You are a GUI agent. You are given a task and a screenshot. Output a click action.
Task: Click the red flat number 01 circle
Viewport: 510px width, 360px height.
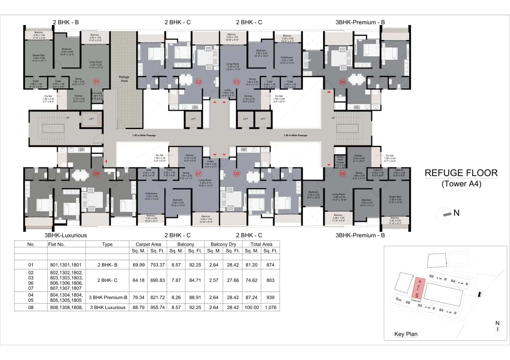coord(96,82)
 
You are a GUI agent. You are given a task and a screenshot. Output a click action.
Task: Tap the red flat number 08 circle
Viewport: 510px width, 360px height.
coord(96,173)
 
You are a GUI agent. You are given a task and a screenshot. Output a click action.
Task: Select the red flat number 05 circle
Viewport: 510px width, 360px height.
coord(342,173)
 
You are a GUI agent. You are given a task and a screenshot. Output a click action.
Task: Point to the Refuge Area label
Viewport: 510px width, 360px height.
coord(124,78)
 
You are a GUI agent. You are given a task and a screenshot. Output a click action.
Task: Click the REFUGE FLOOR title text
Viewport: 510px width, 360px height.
coord(461,173)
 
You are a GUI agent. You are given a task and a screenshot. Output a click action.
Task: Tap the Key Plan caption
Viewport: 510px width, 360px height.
coord(406,334)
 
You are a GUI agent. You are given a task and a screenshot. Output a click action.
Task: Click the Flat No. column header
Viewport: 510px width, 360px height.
coord(56,244)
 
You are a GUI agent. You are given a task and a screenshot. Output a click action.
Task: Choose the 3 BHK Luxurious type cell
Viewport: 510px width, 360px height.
coord(107,307)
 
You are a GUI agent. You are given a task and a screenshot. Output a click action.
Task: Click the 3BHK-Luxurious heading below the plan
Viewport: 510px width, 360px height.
coord(65,235)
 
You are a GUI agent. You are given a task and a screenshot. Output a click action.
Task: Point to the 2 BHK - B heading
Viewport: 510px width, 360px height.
coord(66,22)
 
